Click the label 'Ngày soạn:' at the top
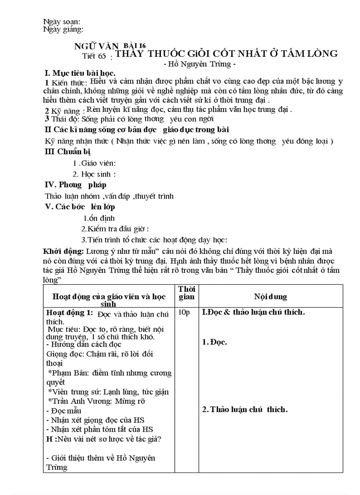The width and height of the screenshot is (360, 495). point(62,22)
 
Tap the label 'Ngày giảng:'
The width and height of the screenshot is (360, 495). point(64,30)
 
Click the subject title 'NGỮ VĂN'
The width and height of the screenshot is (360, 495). point(96,47)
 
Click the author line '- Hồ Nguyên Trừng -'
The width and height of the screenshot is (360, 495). point(200,65)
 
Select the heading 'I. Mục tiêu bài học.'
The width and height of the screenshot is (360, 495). point(80,73)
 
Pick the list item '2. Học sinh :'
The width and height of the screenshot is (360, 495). point(94,174)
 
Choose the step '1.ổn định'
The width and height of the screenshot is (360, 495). point(99,218)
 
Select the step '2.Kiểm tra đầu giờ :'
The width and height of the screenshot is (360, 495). point(115,229)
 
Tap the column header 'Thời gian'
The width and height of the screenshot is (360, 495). point(187,293)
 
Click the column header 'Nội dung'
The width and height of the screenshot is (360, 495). point(270,297)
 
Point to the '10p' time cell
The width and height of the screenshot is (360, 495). point(184,313)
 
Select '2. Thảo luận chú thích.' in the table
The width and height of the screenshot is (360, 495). point(245,409)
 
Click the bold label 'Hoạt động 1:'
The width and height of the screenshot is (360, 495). point(70,313)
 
